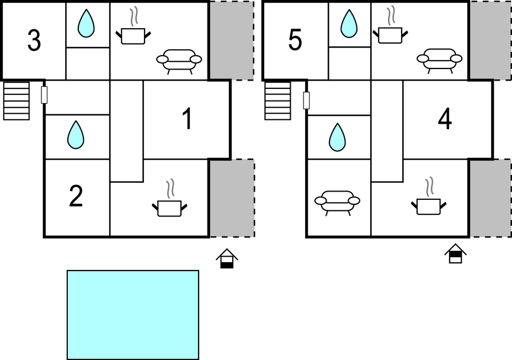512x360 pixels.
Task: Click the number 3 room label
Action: (x=34, y=41)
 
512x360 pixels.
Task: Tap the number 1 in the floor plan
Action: (x=187, y=119)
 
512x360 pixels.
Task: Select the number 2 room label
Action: (x=76, y=197)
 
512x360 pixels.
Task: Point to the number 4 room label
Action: (x=445, y=119)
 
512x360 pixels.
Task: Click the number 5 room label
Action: (x=295, y=41)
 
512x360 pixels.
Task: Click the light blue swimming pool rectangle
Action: (x=132, y=315)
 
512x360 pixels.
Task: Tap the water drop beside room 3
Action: (x=86, y=24)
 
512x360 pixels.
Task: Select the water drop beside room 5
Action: (x=348, y=24)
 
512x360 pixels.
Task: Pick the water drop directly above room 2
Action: (x=76, y=135)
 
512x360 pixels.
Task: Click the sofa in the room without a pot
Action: (x=337, y=201)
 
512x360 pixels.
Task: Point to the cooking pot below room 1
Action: (x=169, y=204)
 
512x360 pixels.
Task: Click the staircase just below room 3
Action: (x=17, y=100)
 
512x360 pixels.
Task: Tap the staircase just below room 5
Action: (x=278, y=100)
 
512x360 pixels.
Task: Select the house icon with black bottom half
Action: (x=227, y=258)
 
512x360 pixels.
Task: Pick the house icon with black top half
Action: (x=455, y=254)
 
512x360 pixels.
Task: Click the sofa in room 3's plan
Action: (x=179, y=60)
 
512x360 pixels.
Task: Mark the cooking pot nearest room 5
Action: (x=390, y=32)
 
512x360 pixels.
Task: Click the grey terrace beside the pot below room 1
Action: (x=232, y=198)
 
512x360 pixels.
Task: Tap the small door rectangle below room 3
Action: (x=45, y=94)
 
